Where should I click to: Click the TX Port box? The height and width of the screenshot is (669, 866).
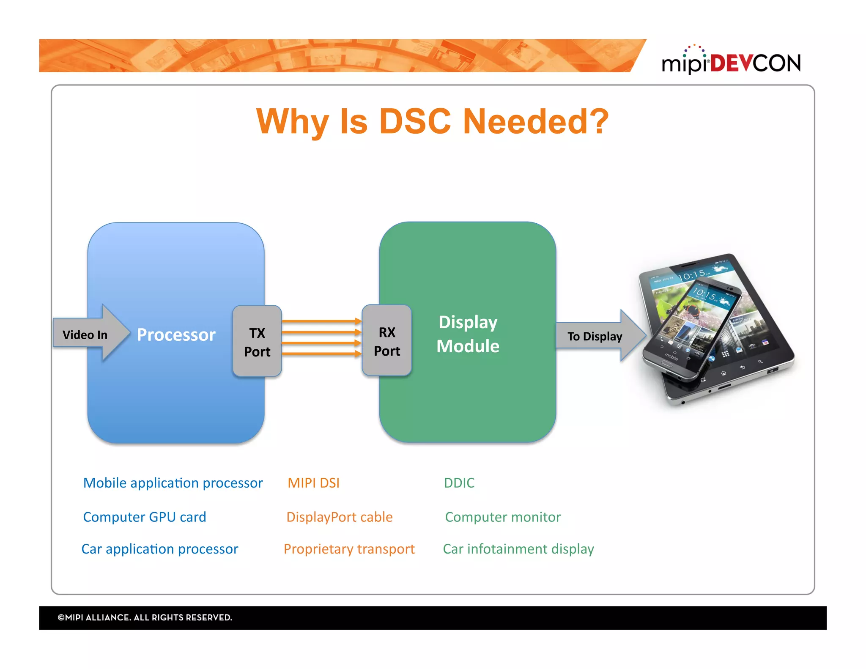(x=257, y=341)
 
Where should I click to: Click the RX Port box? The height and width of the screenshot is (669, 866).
(x=386, y=341)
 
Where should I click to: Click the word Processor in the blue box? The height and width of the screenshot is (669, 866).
(x=176, y=334)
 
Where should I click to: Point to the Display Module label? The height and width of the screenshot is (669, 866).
(x=468, y=334)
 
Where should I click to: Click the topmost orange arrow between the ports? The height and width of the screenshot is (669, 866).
(x=321, y=321)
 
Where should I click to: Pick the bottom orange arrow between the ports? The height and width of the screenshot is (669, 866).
(x=321, y=354)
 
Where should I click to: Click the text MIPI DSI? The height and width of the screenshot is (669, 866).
(x=313, y=483)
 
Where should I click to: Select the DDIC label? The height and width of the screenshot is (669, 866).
(x=459, y=483)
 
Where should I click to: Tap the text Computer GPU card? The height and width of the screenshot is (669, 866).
(x=145, y=517)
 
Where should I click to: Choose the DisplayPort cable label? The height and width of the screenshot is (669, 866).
(x=339, y=517)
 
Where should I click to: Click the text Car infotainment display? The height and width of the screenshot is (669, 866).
(x=518, y=549)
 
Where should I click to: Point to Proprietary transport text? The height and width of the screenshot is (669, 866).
(x=349, y=549)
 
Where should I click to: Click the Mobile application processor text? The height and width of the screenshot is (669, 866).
(x=173, y=483)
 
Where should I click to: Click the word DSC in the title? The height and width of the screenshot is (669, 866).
(x=415, y=122)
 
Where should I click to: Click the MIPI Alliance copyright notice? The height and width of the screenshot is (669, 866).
(x=145, y=617)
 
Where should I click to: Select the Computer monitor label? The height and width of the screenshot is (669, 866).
(x=503, y=517)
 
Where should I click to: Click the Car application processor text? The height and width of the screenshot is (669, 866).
(x=160, y=549)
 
